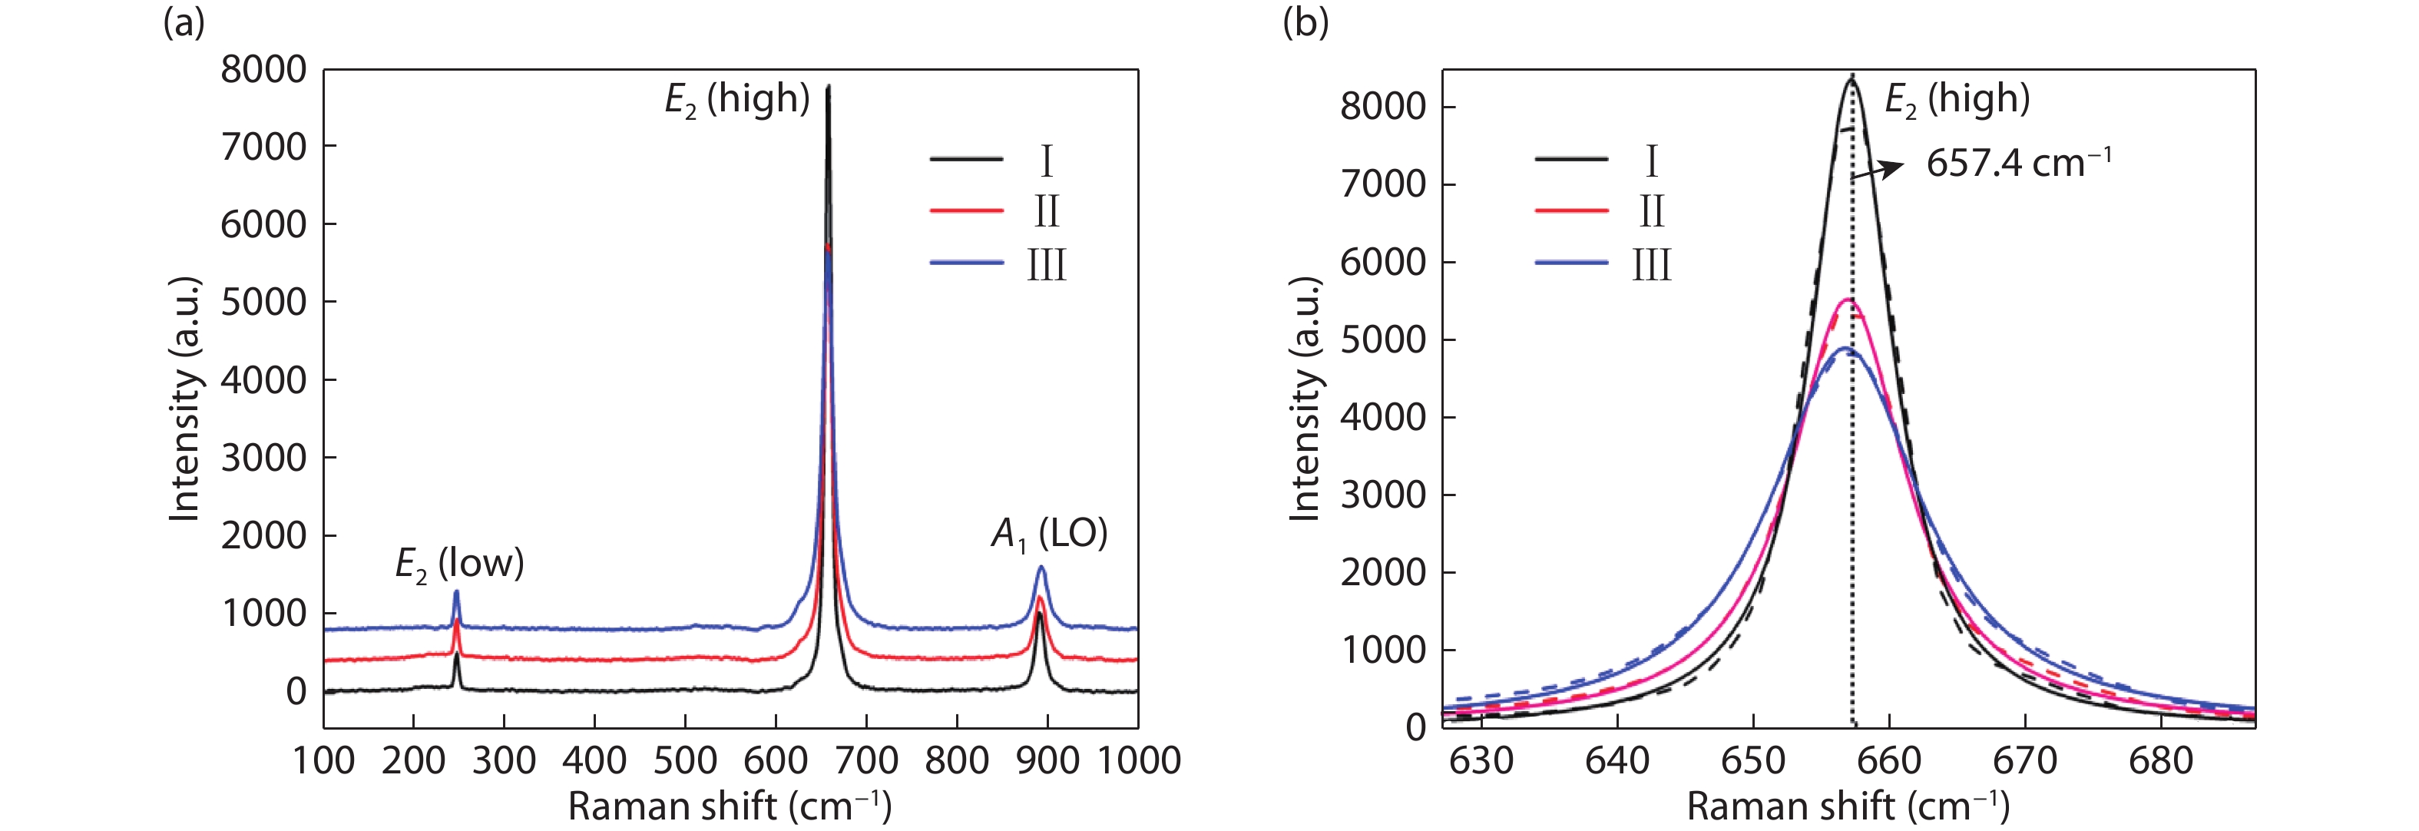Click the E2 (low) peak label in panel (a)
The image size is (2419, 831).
[x=459, y=564]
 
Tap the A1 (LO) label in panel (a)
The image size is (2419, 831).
[x=1049, y=535]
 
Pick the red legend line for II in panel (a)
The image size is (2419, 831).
[x=966, y=211]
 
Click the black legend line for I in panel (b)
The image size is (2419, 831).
[x=1571, y=160]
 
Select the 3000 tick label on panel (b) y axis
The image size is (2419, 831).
[x=1383, y=495]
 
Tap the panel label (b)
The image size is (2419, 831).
[x=1305, y=22]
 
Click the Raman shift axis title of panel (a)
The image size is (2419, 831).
[x=730, y=806]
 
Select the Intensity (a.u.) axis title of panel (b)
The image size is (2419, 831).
[x=1305, y=399]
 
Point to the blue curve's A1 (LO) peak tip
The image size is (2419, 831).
[x=1041, y=566]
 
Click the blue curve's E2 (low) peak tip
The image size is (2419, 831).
[x=456, y=591]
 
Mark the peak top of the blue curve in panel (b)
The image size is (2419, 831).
[x=1845, y=349]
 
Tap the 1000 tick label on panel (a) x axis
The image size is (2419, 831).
[x=1138, y=760]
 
